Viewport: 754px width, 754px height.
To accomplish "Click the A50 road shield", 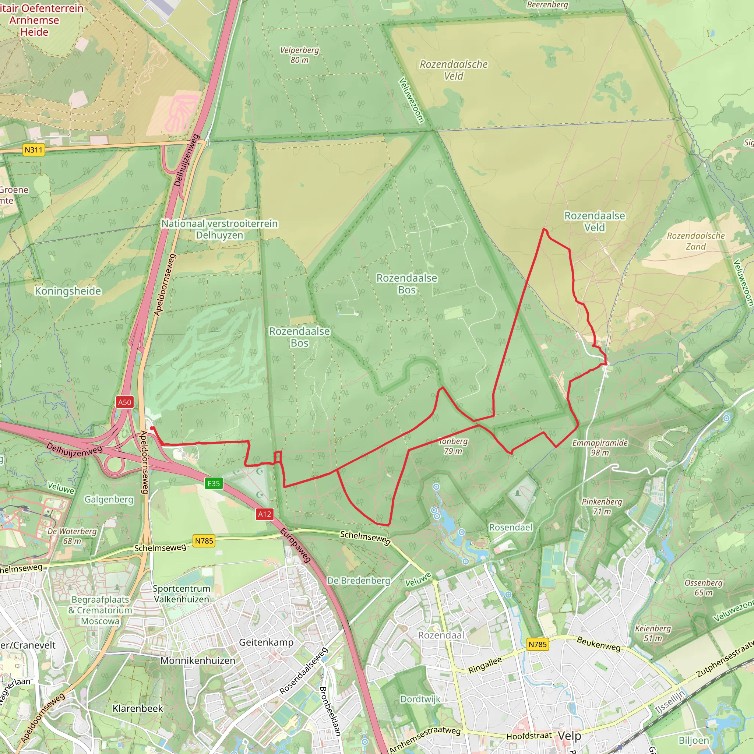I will (124, 402).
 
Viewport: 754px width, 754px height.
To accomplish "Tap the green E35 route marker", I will (214, 483).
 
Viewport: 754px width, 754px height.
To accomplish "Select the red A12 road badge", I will (264, 514).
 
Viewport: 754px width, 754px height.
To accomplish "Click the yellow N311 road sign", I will (33, 150).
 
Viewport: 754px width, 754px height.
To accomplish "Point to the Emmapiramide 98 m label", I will (600, 448).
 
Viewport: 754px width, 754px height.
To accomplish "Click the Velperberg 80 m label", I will (299, 55).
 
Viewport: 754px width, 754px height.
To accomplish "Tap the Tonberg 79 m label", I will (453, 446).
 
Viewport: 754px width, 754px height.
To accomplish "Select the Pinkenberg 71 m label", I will (602, 506).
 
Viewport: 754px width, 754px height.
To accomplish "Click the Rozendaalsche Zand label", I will (695, 241).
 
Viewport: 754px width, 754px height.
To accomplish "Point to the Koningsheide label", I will (68, 291).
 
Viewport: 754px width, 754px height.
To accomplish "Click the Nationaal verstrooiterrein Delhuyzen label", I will (219, 229).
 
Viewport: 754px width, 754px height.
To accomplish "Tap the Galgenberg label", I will (109, 500).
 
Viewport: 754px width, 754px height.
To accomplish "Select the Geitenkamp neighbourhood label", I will (266, 642).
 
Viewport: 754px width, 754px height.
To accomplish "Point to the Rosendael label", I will (511, 527).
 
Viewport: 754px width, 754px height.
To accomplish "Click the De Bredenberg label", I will (358, 580).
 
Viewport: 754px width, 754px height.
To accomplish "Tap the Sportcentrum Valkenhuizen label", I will (182, 593).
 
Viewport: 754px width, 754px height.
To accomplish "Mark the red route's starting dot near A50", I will (152, 428).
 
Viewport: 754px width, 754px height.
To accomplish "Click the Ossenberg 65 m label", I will (703, 587).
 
